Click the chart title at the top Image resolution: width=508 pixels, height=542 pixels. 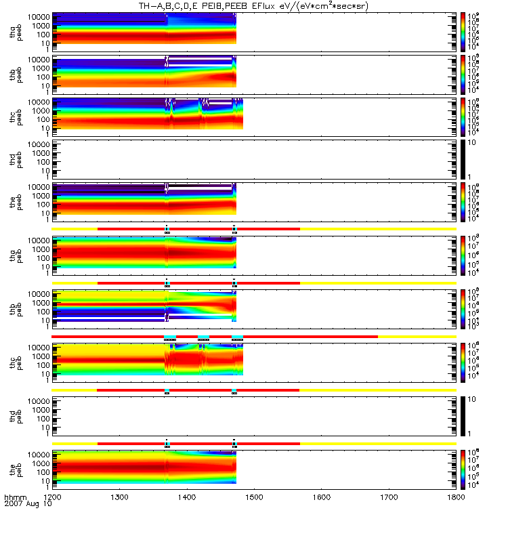pos(258,6)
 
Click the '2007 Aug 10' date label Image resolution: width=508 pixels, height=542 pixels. pos(24,505)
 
